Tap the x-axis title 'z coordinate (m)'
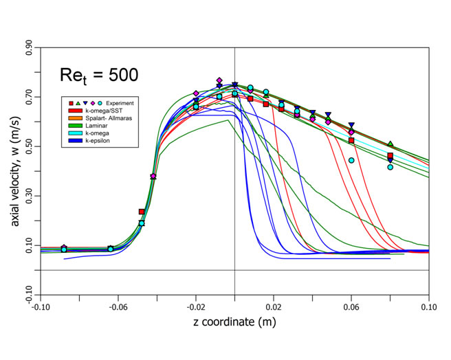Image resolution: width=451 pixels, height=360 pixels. pos(234,323)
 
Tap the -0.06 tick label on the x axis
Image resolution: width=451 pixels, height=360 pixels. pos(118,306)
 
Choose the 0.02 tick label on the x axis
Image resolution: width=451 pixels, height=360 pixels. pos(274,306)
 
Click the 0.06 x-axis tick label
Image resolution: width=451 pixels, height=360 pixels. pos(351,306)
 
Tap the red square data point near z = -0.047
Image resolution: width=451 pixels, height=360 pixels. pos(142,212)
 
